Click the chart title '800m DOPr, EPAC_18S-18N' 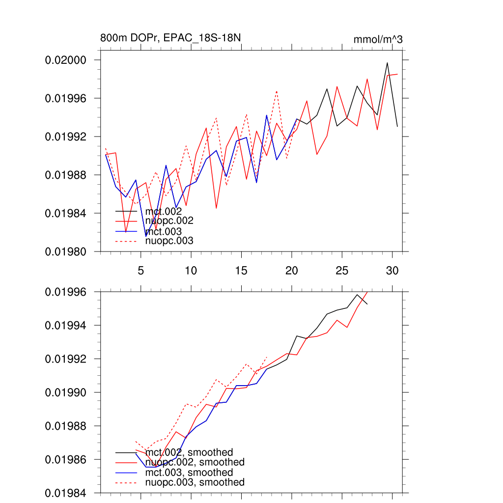pyautogui.click(x=170, y=38)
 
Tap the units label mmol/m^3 pyautogui.click(x=378, y=39)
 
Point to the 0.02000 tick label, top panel pyautogui.click(x=66, y=60)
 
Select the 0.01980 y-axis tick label pyautogui.click(x=66, y=251)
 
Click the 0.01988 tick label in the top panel pyautogui.click(x=66, y=175)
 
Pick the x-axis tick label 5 pyautogui.click(x=141, y=271)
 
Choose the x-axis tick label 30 pyautogui.click(x=392, y=271)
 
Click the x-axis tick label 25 pyautogui.click(x=342, y=271)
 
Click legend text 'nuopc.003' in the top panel pyautogui.click(x=169, y=241)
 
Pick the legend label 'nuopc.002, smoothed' pyautogui.click(x=195, y=462)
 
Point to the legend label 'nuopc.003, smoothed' pyautogui.click(x=195, y=482)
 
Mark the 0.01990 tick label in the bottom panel pyautogui.click(x=66, y=392)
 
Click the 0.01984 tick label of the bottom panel pyautogui.click(x=66, y=493)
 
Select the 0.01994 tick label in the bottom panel pyautogui.click(x=66, y=325)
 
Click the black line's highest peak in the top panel pyautogui.click(x=387, y=62)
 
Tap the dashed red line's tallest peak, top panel pyautogui.click(x=277, y=91)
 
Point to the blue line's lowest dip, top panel pyautogui.click(x=146, y=236)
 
